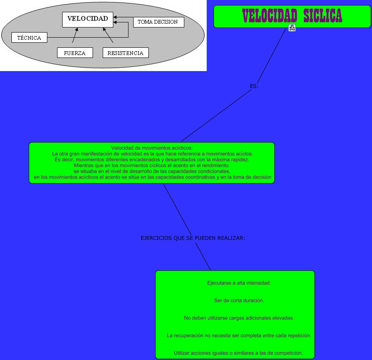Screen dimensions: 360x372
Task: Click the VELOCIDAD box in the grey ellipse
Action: [x=88, y=19]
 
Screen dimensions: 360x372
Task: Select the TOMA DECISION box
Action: [x=158, y=22]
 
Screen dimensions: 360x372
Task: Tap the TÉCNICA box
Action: [x=29, y=38]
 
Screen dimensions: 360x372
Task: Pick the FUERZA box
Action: [x=75, y=53]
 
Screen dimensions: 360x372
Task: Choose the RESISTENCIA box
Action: [x=126, y=53]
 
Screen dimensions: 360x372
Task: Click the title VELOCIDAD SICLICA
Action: [x=292, y=16]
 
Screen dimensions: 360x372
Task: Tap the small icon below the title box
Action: [x=292, y=28]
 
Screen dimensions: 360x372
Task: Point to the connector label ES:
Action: [x=254, y=86]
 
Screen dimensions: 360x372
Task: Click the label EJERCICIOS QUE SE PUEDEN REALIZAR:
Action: [x=193, y=238]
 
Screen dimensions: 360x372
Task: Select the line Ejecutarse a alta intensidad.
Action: [x=239, y=283]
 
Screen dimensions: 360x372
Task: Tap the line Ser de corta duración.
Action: [x=239, y=300]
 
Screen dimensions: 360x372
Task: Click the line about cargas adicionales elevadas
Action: [x=239, y=318]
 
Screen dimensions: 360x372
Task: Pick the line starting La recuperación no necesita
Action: [x=239, y=335]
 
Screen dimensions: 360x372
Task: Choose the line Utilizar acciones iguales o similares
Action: [x=238, y=353]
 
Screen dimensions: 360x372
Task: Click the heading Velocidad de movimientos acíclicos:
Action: [x=152, y=148]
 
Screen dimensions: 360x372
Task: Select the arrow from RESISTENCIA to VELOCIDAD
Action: [x=108, y=36]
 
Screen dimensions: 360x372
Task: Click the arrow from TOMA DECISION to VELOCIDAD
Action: [x=123, y=17]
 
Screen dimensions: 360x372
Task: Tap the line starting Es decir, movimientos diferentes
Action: [x=152, y=160]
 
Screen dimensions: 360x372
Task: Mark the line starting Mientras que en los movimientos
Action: [x=152, y=166]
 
